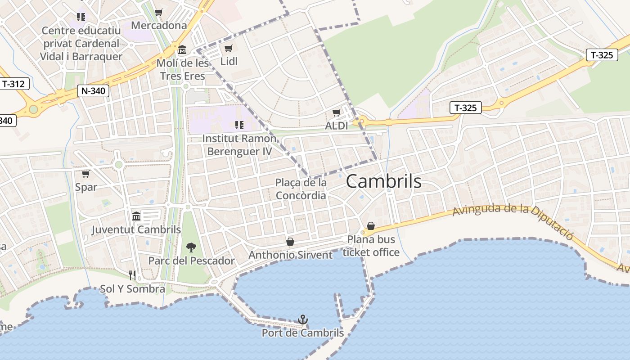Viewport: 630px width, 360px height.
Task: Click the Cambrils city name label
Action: (383, 181)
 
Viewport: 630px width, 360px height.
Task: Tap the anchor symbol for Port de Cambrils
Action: (303, 320)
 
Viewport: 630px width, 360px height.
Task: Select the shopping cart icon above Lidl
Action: (229, 48)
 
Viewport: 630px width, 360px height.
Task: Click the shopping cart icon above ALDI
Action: (336, 112)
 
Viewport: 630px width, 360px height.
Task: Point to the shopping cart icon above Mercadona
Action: (158, 12)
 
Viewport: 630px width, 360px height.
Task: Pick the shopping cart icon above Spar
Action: (85, 174)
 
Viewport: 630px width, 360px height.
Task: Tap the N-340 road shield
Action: (93, 91)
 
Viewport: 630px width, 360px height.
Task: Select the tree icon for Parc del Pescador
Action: (191, 247)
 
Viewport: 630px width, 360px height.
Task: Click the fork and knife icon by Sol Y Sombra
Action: (132, 275)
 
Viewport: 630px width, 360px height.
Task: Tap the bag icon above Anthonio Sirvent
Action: (290, 242)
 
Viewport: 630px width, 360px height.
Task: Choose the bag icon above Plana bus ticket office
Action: (371, 226)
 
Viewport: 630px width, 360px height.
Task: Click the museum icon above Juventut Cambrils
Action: (136, 216)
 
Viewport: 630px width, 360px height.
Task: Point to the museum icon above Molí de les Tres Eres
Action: (182, 49)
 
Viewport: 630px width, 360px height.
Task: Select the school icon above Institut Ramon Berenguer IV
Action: (239, 125)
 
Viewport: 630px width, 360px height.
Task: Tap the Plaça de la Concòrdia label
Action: (301, 189)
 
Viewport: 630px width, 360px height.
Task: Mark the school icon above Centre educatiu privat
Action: (81, 17)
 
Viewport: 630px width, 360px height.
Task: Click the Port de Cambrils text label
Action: (303, 333)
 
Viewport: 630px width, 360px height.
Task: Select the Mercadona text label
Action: (159, 25)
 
